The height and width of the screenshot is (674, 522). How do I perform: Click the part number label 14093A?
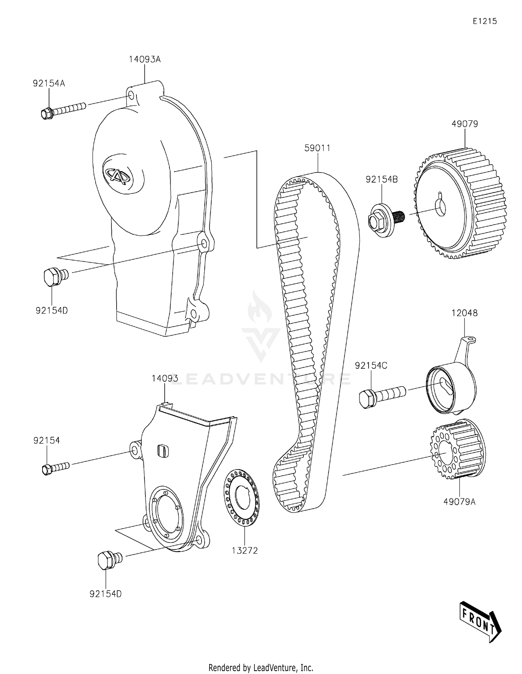pos(145,59)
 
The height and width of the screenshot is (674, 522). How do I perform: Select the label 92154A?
pos(49,83)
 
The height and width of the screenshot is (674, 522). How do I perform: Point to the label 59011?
pos(317,148)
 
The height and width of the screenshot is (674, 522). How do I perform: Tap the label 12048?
pos(465,313)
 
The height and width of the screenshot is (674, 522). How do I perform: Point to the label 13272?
pos(245,551)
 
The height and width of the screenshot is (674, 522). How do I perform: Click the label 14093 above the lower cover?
pos(165,378)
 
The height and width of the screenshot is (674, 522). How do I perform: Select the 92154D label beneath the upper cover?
pos(52,311)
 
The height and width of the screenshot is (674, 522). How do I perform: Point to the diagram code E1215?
pos(484,21)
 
